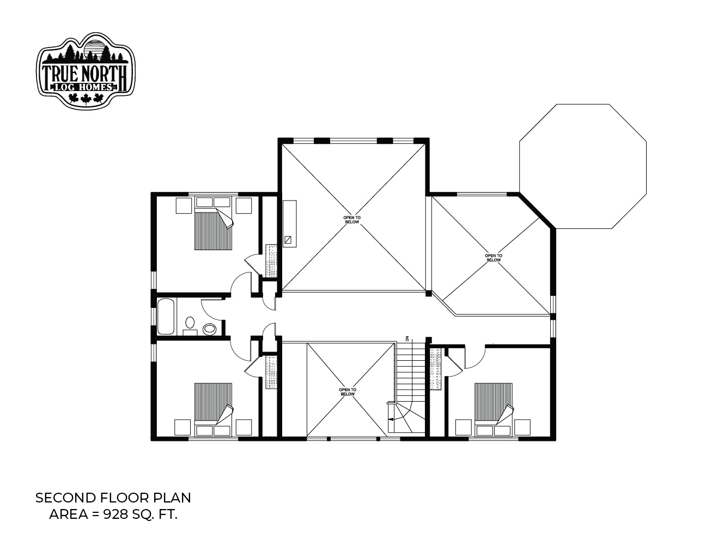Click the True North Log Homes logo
pyautogui.click(x=86, y=71)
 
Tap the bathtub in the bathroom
pyautogui.click(x=166, y=317)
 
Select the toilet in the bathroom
pyautogui.click(x=210, y=329)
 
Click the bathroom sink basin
pyautogui.click(x=190, y=323)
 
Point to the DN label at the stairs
pyautogui.click(x=406, y=338)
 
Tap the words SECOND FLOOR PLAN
pyautogui.click(x=113, y=498)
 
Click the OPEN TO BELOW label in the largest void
pyautogui.click(x=352, y=220)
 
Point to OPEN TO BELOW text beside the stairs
pyautogui.click(x=348, y=392)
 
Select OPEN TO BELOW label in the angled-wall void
pyautogui.click(x=493, y=258)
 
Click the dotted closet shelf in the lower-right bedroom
pyautogui.click(x=435, y=368)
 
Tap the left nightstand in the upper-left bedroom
pyautogui.click(x=184, y=205)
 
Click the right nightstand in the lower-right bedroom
pyautogui.click(x=522, y=427)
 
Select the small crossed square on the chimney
pyautogui.click(x=288, y=240)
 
